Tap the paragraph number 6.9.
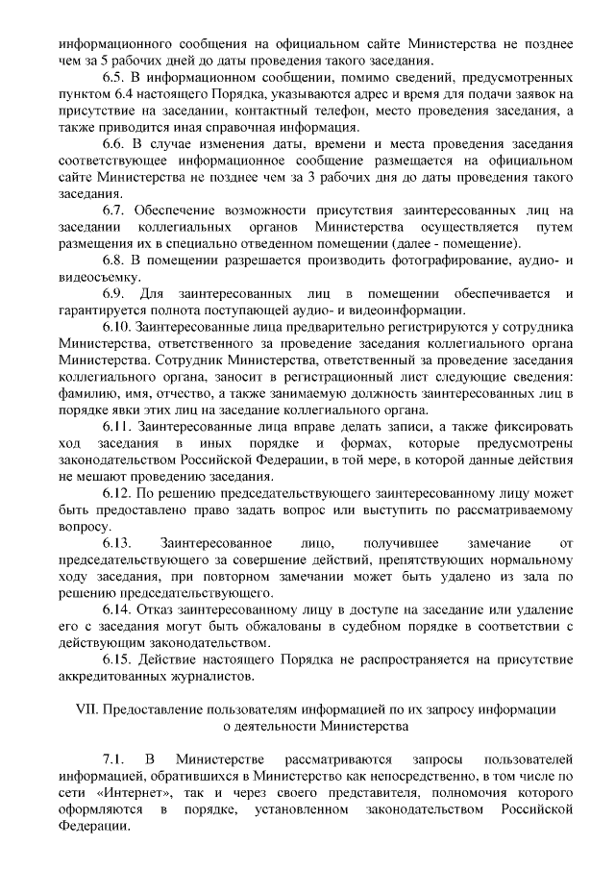pos(114,292)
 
